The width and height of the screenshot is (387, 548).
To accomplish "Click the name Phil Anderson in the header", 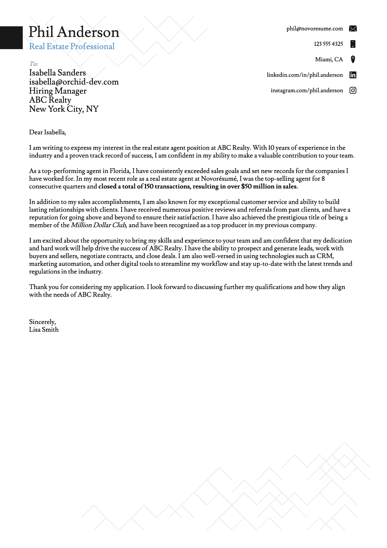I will click(74, 32).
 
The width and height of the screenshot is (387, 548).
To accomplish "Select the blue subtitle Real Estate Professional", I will click(72, 46).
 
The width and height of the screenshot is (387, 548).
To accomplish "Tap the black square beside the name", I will click(11, 38).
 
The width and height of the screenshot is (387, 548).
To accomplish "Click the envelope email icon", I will click(353, 28).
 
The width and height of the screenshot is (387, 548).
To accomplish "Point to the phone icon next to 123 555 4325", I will click(353, 44).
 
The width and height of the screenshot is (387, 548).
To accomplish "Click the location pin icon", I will click(353, 59).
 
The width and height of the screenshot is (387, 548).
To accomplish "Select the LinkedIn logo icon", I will click(353, 75).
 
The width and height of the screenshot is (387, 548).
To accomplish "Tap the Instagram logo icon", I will click(353, 90).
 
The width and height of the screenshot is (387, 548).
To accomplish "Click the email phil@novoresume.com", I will click(315, 28).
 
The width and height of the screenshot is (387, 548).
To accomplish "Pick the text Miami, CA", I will click(329, 59).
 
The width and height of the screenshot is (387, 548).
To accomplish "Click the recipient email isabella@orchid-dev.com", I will click(74, 82).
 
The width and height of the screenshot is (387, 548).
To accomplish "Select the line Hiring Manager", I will click(58, 91).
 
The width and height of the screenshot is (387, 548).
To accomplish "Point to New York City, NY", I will click(64, 109).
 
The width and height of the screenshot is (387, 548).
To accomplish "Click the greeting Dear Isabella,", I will click(47, 132).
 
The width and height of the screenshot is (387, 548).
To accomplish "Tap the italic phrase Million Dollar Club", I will click(99, 225).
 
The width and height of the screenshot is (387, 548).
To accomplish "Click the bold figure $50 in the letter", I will click(246, 187).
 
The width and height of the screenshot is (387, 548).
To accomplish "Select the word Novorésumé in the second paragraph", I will click(219, 179).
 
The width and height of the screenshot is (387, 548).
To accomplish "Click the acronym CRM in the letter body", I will click(325, 256).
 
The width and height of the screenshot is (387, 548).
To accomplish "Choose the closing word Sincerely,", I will click(42, 322).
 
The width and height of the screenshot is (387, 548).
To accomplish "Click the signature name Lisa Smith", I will click(44, 330).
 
